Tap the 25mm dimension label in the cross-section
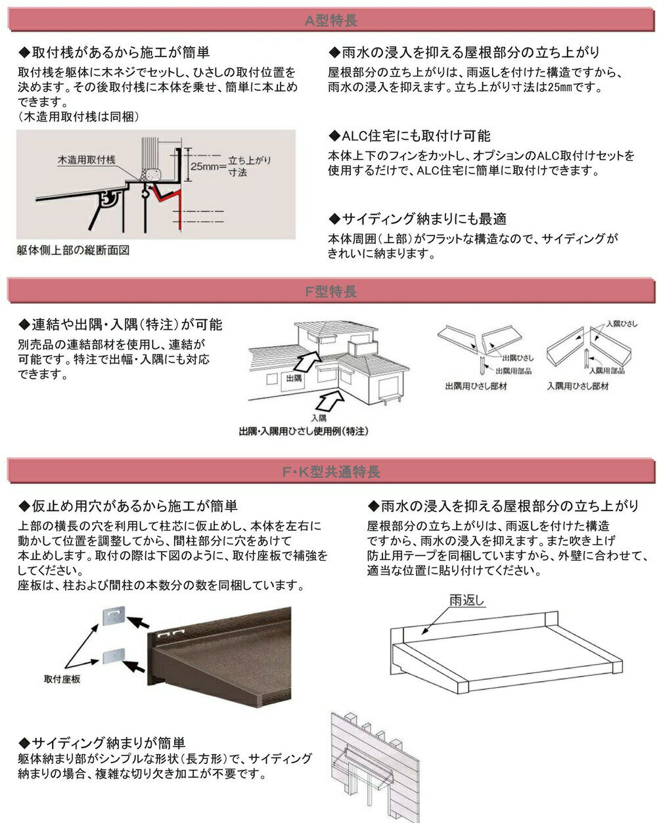[204, 166]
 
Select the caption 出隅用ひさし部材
[476, 386]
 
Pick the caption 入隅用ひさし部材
[578, 386]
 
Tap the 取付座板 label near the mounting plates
[62, 679]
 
